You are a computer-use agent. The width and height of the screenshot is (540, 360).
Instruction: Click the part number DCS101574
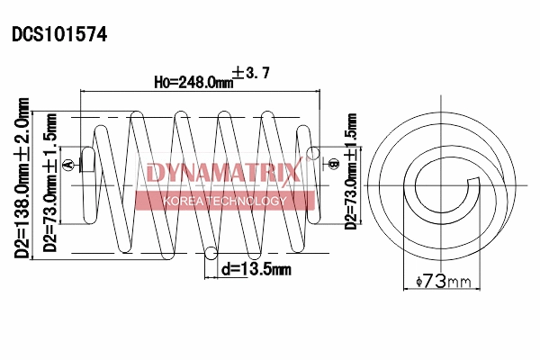click(59, 35)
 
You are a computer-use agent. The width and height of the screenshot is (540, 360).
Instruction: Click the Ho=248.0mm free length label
click(193, 82)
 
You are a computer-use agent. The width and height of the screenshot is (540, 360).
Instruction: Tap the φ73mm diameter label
click(445, 282)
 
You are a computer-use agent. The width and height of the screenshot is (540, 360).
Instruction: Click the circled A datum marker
click(83, 163)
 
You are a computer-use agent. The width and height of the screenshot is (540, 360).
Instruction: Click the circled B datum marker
click(333, 164)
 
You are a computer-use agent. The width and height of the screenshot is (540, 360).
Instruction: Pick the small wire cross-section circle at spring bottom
click(211, 254)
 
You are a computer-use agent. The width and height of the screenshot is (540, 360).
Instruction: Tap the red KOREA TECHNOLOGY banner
click(224, 201)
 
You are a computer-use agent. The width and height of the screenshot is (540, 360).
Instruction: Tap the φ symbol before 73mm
click(420, 283)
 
